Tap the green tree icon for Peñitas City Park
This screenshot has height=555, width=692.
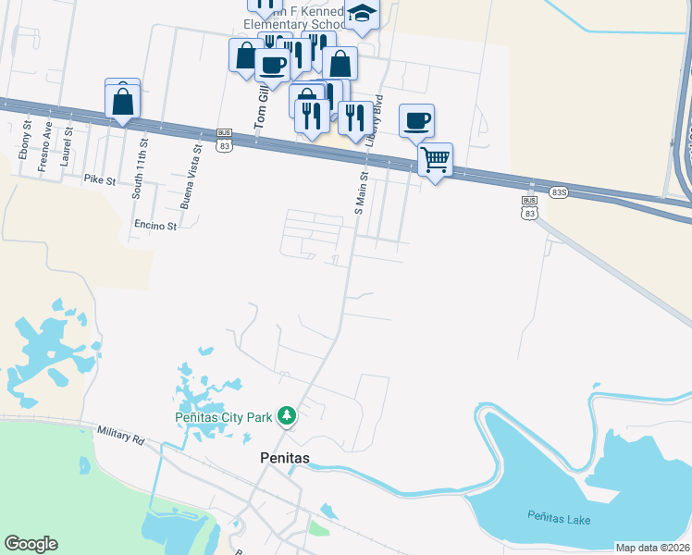point(288,417)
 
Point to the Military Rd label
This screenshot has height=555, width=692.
point(120,436)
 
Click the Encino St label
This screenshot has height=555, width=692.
point(154,225)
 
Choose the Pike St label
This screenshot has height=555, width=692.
point(99,179)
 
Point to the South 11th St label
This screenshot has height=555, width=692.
point(141,169)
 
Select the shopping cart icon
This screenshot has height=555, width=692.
point(435,159)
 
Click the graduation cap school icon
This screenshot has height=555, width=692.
point(362,14)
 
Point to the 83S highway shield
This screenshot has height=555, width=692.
point(557,191)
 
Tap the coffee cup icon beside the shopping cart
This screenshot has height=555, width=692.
point(416,119)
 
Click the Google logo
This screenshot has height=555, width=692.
point(31,544)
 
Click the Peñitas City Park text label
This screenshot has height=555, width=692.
point(224,417)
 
